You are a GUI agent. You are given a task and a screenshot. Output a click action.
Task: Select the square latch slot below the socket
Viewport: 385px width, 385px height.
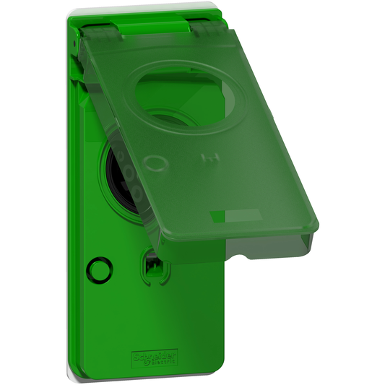pyautogui.click(x=152, y=265)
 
